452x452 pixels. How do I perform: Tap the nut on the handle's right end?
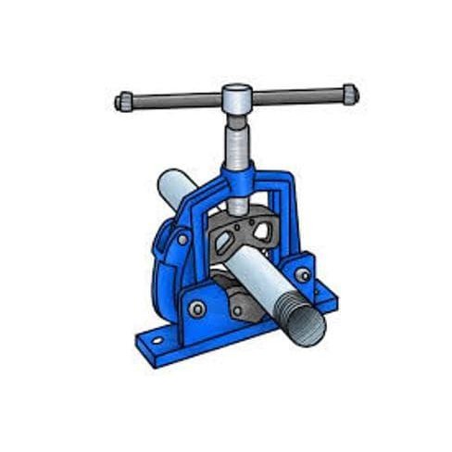[349, 94]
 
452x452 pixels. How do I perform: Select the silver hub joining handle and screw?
[237, 96]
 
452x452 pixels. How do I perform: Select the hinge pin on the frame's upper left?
[183, 239]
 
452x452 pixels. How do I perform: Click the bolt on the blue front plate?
[196, 308]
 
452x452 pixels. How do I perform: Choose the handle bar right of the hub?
[296, 95]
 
